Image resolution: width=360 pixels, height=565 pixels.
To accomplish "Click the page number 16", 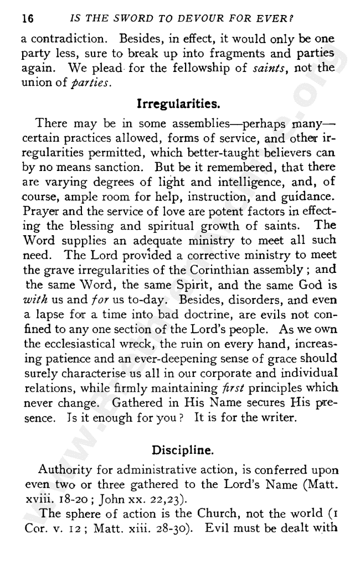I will click(28, 18).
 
